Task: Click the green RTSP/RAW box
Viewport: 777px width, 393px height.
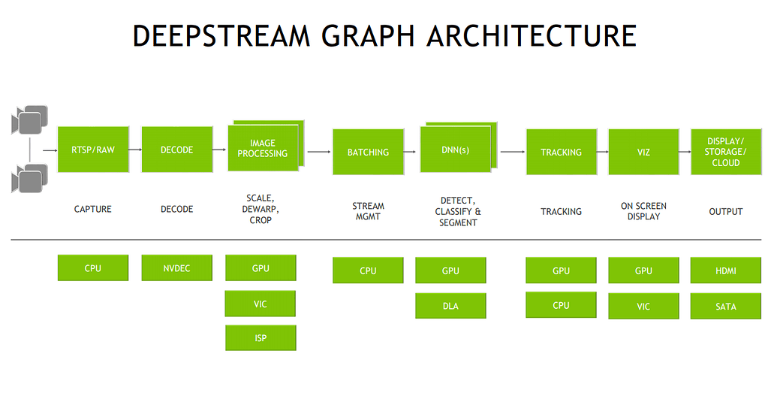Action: point(93,150)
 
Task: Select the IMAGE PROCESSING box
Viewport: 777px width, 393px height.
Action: point(263,148)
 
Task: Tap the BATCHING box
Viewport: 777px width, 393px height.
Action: point(368,152)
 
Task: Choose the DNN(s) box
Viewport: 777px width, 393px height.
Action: point(454,150)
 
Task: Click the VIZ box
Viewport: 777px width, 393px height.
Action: point(643,152)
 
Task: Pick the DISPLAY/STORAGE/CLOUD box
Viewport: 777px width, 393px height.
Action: point(726,152)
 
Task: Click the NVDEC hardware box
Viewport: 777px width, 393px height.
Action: point(176,268)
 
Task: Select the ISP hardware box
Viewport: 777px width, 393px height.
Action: point(261,338)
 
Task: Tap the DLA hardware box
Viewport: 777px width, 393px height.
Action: point(450,306)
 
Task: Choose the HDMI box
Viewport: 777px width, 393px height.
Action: point(726,271)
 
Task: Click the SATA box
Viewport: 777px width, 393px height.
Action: point(726,307)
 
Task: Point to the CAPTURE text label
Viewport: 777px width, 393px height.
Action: point(93,210)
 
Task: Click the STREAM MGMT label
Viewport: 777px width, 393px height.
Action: point(368,211)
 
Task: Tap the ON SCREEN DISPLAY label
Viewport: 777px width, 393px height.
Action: point(643,211)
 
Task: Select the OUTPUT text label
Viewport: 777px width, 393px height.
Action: point(726,212)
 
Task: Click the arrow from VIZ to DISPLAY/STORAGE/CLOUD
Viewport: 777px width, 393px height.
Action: point(684,152)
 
